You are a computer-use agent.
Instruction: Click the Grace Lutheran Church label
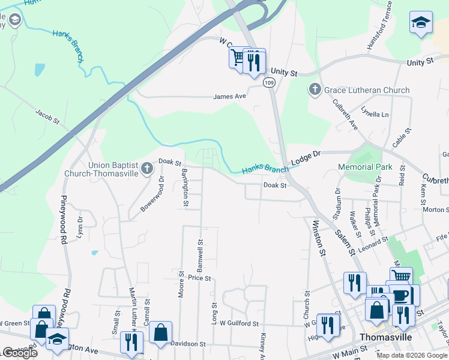(367, 91)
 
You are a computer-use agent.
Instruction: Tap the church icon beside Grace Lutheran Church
(315, 91)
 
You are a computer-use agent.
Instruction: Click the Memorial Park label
(365, 167)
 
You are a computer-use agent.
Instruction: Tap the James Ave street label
(231, 96)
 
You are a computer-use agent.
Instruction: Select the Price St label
(199, 278)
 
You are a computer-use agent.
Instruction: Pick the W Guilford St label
(238, 323)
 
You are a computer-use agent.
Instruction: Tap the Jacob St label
(48, 116)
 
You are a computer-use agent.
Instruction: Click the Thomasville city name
(385, 337)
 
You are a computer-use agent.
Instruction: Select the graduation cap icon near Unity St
(421, 23)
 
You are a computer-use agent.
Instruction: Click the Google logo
(19, 353)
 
